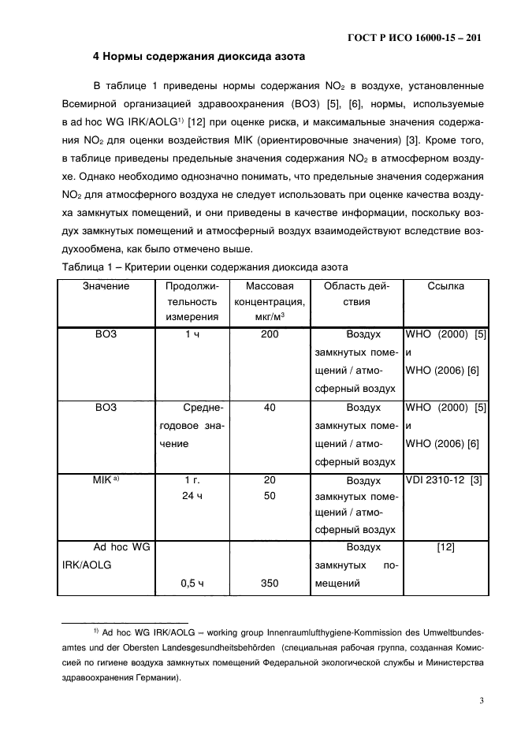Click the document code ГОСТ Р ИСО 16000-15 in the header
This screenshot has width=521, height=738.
coord(415,37)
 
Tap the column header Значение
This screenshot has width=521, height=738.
coord(106,286)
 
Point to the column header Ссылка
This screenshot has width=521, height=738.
coord(445,286)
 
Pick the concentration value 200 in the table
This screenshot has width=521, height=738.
coord(270,334)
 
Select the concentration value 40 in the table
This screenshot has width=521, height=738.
coord(270,408)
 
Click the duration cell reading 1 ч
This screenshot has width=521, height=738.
coord(192,334)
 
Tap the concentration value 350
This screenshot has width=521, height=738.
coord(270,584)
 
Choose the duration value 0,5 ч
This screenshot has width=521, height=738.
coord(192,584)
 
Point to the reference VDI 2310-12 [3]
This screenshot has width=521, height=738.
coord(445,480)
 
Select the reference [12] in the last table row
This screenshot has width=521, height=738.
coord(445,547)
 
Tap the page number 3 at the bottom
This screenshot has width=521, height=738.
coord(480,699)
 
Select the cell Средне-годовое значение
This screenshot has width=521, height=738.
coord(192,426)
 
